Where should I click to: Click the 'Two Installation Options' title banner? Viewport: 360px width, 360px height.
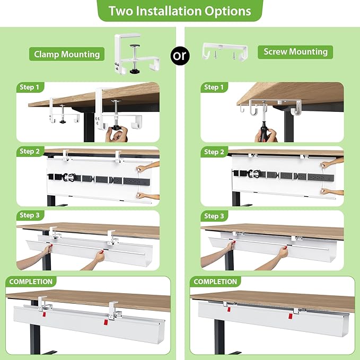[180, 11]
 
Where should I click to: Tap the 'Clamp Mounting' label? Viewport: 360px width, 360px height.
[67, 54]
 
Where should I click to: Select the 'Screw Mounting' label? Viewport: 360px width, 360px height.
[295, 51]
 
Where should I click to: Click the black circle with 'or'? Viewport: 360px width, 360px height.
[180, 56]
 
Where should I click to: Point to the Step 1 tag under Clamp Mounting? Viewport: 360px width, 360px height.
[30, 87]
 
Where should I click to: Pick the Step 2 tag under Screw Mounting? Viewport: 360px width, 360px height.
[214, 152]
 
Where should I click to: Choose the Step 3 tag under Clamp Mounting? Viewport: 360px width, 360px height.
[30, 215]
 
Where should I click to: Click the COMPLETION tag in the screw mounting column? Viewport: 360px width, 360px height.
[215, 282]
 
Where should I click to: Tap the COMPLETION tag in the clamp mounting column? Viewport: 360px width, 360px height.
[31, 282]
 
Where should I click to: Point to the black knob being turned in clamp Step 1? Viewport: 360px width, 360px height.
[116, 128]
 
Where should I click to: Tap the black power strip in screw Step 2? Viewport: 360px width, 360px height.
[283, 176]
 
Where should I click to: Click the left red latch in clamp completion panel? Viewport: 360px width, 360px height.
[45, 314]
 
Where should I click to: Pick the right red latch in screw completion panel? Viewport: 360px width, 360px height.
[291, 317]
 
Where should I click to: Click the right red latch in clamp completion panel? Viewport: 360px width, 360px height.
[106, 322]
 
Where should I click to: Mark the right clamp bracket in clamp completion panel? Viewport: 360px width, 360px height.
[115, 311]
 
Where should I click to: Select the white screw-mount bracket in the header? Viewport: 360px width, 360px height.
[225, 51]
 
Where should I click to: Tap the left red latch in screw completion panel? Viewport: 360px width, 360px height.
[229, 309]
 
